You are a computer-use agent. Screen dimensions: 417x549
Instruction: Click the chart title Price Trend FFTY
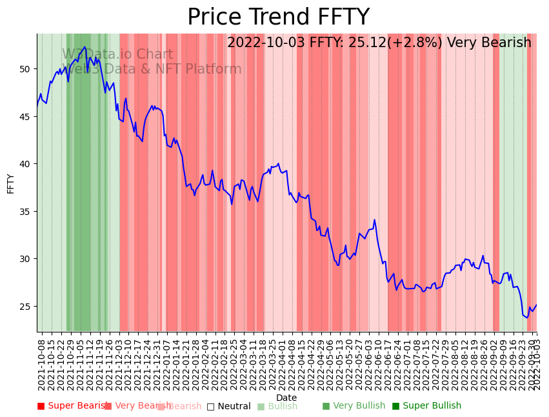[278, 17]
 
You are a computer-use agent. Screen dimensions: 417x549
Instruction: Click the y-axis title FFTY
[10, 183]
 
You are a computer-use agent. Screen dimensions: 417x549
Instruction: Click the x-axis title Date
[286, 398]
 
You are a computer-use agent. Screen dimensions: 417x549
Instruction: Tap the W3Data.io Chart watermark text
[117, 55]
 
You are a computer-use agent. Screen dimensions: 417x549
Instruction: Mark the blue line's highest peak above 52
[85, 46]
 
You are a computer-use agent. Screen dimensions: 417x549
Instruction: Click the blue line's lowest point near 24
[526, 318]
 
